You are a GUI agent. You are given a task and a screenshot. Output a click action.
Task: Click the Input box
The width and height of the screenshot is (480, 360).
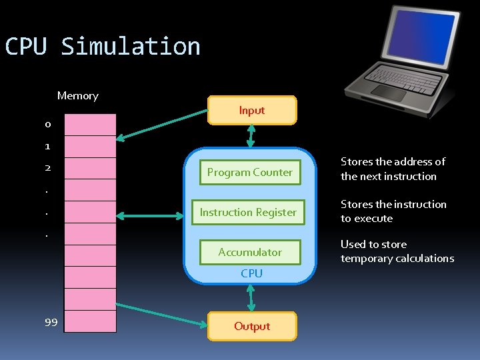[x=251, y=111]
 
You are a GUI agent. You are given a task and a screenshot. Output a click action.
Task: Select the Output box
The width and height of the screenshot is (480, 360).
[x=251, y=326]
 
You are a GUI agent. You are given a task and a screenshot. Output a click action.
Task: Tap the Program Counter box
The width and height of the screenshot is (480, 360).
[x=249, y=172]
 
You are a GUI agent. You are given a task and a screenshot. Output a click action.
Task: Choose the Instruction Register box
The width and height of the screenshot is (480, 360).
[x=248, y=212]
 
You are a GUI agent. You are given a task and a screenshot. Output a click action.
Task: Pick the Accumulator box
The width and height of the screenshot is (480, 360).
[x=249, y=252]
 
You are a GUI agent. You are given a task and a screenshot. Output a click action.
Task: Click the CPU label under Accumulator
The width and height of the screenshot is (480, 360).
[x=251, y=273]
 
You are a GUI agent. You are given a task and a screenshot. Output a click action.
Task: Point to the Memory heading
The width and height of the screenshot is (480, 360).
[x=77, y=96]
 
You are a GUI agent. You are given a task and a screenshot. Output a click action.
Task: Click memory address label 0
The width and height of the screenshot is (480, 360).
[x=47, y=125]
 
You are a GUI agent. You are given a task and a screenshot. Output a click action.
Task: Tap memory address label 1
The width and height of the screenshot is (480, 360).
[x=47, y=146]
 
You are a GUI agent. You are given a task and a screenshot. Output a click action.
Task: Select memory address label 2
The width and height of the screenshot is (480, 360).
[x=47, y=168]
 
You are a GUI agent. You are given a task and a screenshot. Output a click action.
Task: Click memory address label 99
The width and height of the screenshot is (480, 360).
[x=51, y=323]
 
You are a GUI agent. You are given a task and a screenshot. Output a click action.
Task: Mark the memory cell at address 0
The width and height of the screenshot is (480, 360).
[x=90, y=125]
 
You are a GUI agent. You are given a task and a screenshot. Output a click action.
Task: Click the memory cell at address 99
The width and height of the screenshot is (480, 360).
[x=90, y=321]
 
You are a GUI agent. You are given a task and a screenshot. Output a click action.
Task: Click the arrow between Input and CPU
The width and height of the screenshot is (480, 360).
[x=251, y=136]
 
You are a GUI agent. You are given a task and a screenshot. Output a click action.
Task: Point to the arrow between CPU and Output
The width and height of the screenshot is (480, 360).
[x=251, y=297]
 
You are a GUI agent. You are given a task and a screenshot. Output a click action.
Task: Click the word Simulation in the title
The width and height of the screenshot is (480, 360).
[x=131, y=47]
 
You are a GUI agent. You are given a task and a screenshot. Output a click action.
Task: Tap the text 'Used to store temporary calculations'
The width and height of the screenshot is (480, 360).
[x=397, y=251]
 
